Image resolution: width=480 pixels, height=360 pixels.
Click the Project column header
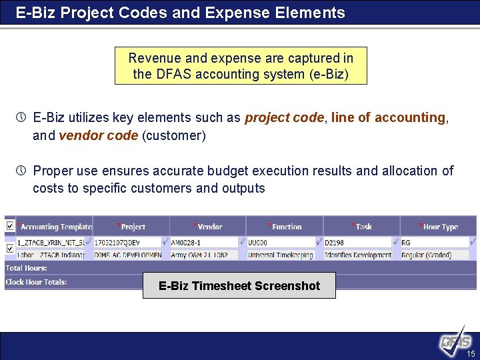click(133, 227)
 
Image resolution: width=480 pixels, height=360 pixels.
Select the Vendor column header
click(209, 227)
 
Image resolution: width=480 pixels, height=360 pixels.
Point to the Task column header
click(363, 227)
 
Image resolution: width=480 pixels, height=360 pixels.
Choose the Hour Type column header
click(440, 227)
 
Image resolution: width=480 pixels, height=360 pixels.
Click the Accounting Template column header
click(56, 227)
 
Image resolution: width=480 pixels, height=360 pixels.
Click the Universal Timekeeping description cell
click(281, 255)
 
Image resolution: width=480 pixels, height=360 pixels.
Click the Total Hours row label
click(26, 268)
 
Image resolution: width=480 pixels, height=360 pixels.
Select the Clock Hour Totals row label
click(36, 282)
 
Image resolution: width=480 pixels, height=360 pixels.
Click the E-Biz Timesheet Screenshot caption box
click(239, 286)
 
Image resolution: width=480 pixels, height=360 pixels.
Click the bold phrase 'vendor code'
click(97, 136)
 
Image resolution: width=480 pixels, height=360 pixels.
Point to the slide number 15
click(471, 353)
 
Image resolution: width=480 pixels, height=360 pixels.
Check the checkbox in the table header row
click(9, 227)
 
